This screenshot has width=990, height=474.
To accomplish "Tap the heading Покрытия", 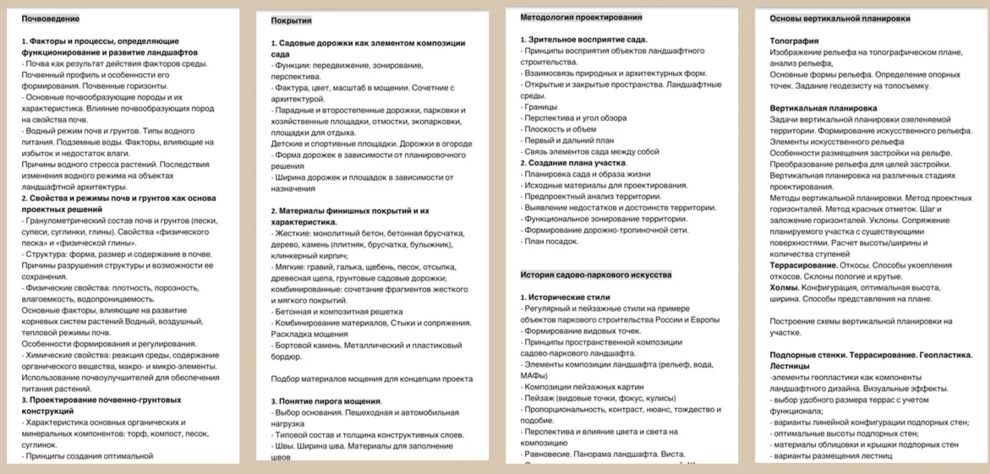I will [291, 19].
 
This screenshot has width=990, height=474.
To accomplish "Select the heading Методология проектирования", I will [581, 17].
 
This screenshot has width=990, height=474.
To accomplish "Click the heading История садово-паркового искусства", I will [596, 275].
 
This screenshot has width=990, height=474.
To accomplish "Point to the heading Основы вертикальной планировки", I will [840, 18].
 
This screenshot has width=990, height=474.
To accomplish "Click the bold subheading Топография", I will [794, 40].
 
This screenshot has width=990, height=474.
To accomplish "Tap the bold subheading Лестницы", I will [790, 367].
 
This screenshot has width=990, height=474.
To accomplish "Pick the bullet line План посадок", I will [550, 240].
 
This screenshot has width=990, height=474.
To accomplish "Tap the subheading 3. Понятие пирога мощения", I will [326, 400].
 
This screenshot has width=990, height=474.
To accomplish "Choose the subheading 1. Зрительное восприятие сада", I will [583, 40].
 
